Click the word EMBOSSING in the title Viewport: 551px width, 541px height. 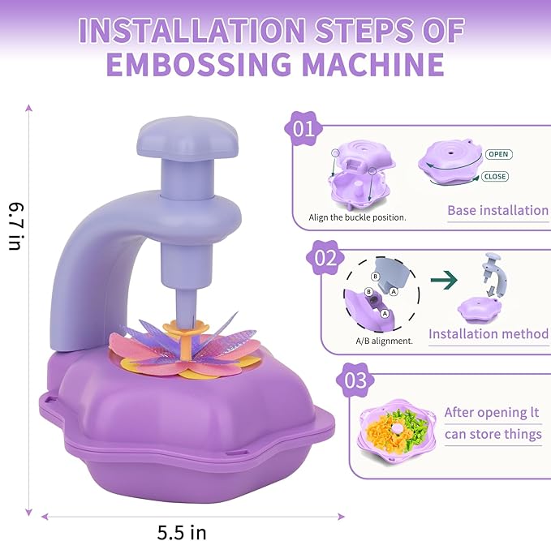coord(199,64)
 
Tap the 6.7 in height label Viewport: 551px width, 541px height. coord(15,225)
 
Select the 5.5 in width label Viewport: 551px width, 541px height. coord(181,532)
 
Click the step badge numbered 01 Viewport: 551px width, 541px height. coord(303,129)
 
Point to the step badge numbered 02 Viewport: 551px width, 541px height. coord(325,258)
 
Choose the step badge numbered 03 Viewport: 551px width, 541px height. coord(355,380)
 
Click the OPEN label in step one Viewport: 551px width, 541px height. coord(498,154)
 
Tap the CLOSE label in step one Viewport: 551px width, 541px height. coord(495,176)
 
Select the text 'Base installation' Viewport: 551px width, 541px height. coord(497,210)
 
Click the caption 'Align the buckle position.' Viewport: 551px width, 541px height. coord(357,217)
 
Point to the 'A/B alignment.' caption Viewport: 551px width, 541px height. coord(384,341)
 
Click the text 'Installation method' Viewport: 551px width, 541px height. coord(489,333)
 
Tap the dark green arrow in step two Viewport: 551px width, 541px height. coord(444,280)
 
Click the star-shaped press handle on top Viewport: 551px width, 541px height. coord(187,138)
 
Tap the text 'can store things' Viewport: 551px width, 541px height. coord(493,435)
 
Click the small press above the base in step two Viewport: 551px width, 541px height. coord(494,273)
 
